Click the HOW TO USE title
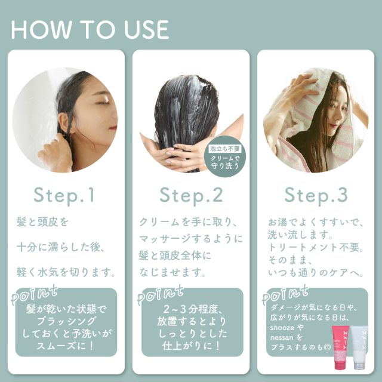coord(90,29)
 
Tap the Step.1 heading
coord(64,195)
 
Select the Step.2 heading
coord(191,195)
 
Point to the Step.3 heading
coord(316,195)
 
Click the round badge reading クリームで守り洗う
coord(225,156)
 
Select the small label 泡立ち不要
coord(225,149)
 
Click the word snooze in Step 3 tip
coord(282,328)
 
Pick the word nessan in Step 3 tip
coord(282,338)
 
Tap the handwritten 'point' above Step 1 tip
coord(35,295)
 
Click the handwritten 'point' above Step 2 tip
coord(161,295)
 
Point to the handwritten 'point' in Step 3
coord(285,295)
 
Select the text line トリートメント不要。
coord(316,248)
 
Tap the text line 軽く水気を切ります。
coord(66,272)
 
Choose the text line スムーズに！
coord(66,346)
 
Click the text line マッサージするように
coord(191,239)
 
